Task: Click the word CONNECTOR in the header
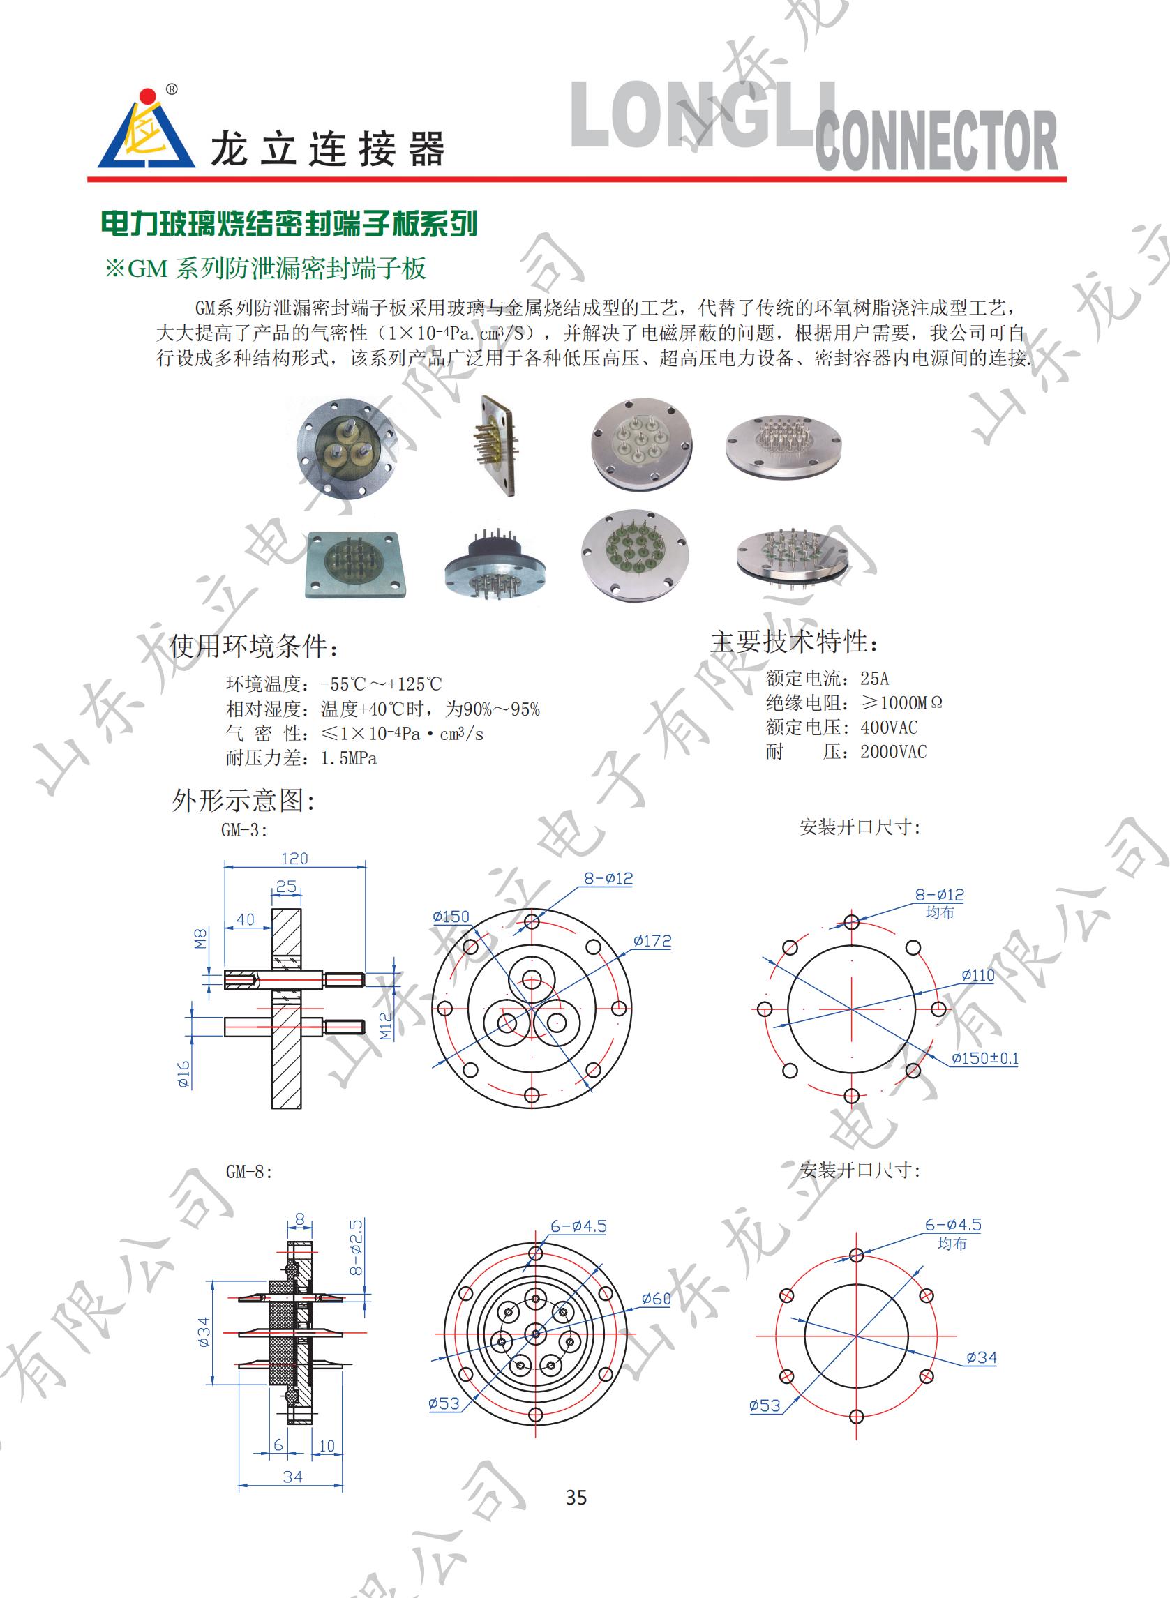936,141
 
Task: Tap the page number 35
576,1497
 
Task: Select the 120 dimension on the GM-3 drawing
294,859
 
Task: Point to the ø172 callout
652,941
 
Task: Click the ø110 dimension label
977,976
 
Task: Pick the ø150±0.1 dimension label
984,1059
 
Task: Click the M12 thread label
384,1026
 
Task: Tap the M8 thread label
201,939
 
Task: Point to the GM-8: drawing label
248,1172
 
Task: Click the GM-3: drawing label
244,830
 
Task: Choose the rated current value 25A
874,678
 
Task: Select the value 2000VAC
893,752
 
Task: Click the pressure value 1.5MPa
348,758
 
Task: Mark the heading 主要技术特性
795,642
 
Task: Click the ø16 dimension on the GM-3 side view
184,1075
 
